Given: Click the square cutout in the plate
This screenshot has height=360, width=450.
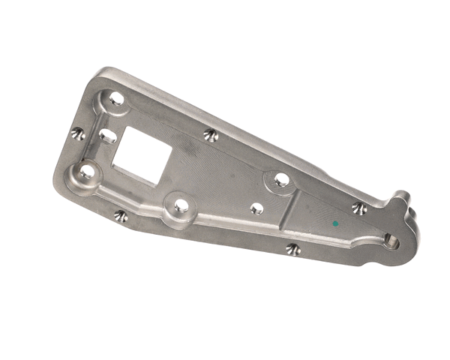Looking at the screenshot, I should pos(146,155).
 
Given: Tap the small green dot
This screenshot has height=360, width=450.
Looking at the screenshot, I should pos(334,223).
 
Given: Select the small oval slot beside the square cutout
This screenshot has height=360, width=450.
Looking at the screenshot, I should pos(108,136).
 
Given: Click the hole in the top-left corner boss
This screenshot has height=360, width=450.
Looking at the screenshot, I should pos(115,97).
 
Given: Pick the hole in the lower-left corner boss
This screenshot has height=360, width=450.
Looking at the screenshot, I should pos(87,172).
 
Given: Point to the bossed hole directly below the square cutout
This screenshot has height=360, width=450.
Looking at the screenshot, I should pos(181,205).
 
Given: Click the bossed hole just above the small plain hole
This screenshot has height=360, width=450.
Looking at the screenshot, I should pos(281,179).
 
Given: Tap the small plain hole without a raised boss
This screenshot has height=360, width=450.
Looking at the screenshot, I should pos(256,208).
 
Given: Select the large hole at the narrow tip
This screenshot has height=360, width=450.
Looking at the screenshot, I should pos(391,241).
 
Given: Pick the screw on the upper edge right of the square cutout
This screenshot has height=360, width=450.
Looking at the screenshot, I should pos(211,136).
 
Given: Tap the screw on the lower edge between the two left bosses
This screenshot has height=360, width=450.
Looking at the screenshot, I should pos(121,216).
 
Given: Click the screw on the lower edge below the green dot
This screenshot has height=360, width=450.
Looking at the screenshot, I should pos(293,249).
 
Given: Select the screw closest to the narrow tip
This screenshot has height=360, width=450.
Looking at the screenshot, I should pos(359,208).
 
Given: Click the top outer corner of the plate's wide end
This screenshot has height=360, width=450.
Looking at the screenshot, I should pos(102,70).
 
